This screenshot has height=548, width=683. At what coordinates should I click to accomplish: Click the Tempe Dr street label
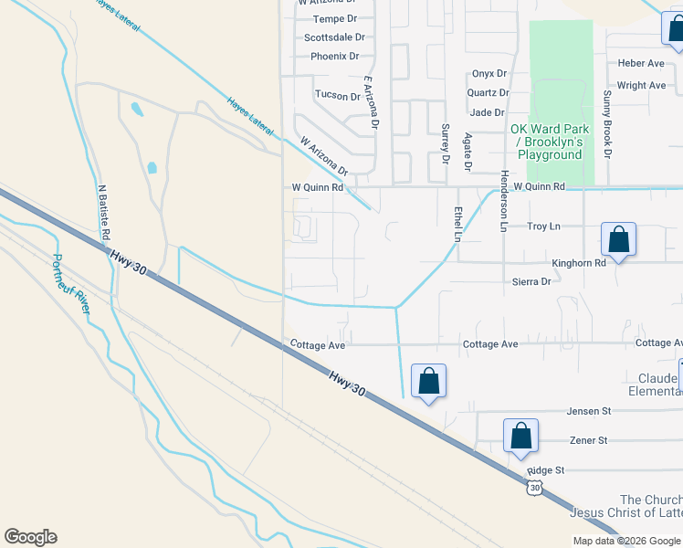pos(334,18)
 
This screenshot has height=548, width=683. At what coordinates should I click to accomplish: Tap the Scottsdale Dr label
pos(334,37)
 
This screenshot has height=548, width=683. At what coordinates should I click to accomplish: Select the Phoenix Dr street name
pos(334,56)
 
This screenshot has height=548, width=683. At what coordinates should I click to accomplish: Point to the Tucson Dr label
pos(338,95)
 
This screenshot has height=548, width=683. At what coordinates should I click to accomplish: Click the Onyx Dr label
pos(489,74)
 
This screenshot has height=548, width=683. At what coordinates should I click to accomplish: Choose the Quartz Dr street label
pos(488,92)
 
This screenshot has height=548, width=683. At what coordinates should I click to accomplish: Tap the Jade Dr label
pos(487,112)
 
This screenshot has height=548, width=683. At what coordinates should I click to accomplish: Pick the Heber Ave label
pos(640,63)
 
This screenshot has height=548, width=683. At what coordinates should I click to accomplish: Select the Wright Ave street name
pos(641,85)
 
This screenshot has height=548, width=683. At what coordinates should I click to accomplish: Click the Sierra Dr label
pos(531,282)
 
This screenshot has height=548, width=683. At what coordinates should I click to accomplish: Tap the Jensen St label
pos(587,412)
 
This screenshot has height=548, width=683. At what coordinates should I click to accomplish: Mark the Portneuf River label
pos(70,284)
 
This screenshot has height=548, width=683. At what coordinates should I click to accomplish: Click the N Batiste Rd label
pos(104,209)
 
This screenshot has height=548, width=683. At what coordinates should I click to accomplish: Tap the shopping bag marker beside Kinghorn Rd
pos(618,241)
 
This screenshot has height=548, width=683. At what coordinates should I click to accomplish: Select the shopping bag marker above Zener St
pos(520,437)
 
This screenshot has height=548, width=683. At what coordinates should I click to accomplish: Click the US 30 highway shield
pos(535,489)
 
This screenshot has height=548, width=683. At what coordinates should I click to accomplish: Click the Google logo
pos(30,537)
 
